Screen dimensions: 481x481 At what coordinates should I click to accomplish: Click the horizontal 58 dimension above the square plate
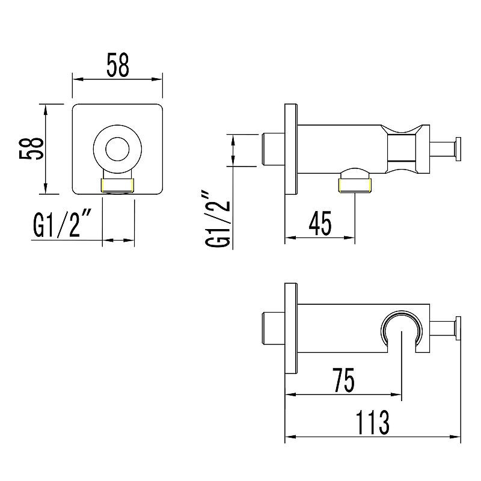118,65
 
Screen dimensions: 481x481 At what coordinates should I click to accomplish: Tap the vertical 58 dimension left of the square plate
31,149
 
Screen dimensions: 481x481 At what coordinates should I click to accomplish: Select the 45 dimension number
320,223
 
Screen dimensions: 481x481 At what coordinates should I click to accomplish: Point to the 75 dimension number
344,381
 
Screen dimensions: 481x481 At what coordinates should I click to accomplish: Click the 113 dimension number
372,423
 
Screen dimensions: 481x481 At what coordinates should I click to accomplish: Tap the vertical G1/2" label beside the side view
218,219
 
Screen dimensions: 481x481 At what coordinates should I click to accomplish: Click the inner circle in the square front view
117,149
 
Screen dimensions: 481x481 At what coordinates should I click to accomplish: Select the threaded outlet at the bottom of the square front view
118,186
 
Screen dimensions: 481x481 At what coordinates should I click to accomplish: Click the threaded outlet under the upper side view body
355,186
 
